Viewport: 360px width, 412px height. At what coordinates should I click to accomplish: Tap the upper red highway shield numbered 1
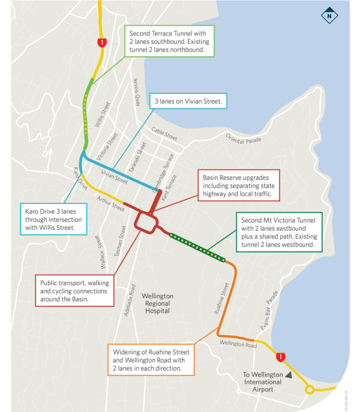tap(101, 43)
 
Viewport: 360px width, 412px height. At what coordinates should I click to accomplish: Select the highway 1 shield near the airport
tap(281, 357)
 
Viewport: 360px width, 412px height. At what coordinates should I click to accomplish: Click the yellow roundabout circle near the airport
tap(309, 390)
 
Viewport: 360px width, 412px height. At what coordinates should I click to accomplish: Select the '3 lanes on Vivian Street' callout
tap(187, 101)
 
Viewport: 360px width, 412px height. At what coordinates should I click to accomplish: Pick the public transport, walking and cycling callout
tap(75, 291)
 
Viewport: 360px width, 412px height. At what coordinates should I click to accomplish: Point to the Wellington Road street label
tap(239, 344)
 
